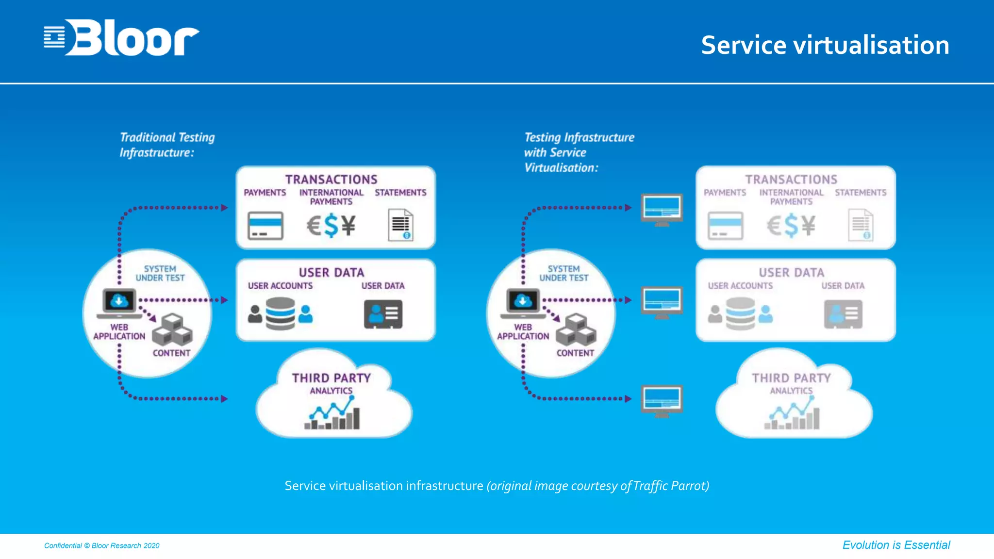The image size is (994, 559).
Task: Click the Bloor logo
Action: point(121,37)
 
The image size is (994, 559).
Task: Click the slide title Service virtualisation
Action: point(825,45)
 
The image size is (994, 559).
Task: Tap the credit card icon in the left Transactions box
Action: point(265,226)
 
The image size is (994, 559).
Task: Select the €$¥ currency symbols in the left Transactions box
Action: point(331,226)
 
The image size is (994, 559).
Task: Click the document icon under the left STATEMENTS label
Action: point(400,225)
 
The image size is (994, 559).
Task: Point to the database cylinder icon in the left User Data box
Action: point(280,313)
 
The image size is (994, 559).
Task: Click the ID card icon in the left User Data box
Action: point(383,314)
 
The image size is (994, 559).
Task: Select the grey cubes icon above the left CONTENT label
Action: point(172,330)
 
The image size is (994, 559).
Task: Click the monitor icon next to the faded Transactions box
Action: point(662,210)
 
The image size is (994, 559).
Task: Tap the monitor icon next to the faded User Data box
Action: point(662,302)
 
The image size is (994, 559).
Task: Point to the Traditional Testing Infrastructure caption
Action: point(166,145)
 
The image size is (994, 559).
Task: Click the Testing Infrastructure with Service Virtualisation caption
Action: point(579,152)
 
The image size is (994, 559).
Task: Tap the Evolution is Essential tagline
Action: point(896,545)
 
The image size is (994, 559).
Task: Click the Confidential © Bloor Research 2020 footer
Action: point(102,545)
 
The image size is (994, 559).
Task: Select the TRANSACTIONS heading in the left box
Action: point(331,180)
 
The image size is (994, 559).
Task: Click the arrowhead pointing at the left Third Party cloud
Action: point(224,399)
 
